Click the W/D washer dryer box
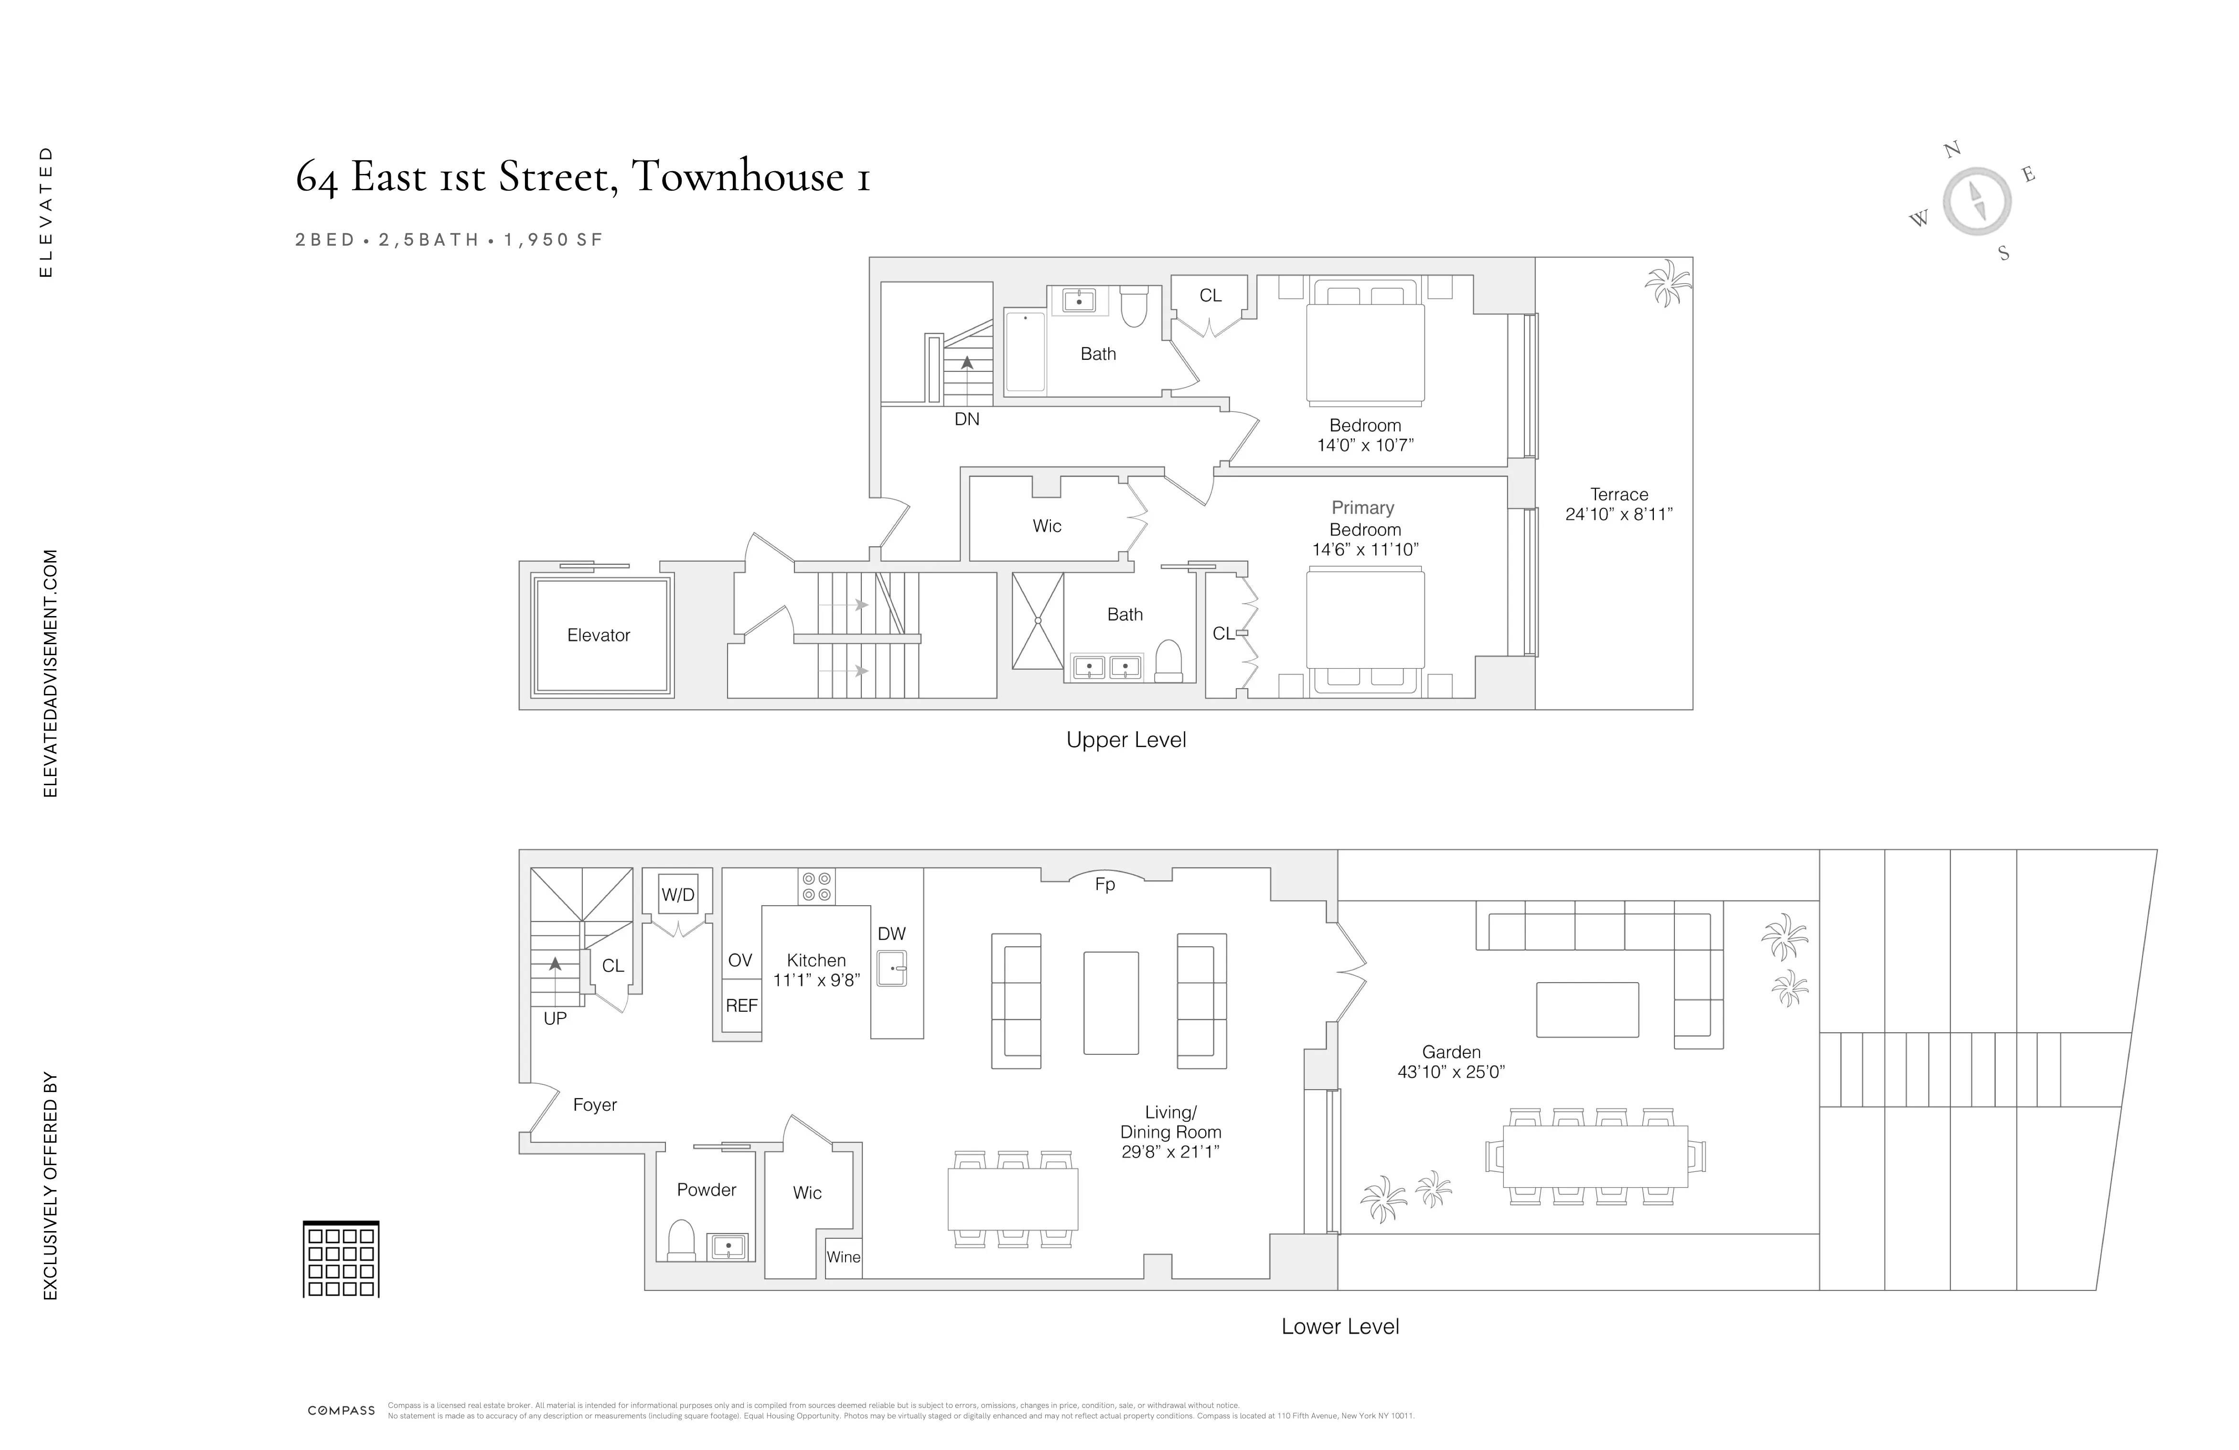click(677, 895)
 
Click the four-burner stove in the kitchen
click(815, 887)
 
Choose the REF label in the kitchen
click(741, 1006)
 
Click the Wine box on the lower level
click(843, 1257)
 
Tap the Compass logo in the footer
click(342, 1410)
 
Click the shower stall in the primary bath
click(1038, 621)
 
